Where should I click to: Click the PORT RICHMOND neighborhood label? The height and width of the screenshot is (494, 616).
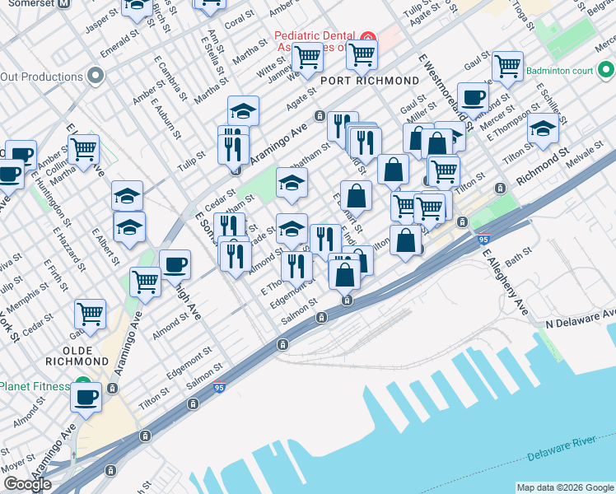click(371, 81)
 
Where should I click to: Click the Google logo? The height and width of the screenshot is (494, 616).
click(27, 484)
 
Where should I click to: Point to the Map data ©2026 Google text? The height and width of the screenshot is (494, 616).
click(565, 487)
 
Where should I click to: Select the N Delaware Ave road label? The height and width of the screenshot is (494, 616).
click(581, 318)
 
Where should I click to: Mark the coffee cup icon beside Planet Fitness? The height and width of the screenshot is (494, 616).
click(85, 398)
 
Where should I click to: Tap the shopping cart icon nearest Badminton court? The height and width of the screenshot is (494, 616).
click(506, 64)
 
